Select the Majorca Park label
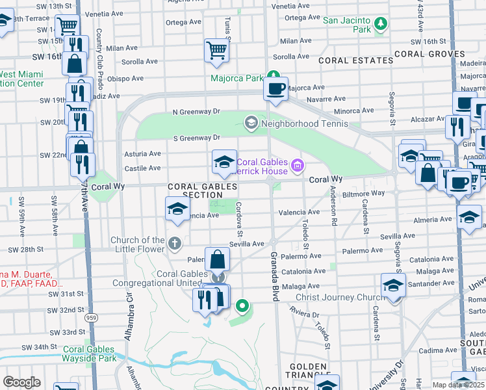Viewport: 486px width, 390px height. (237, 79)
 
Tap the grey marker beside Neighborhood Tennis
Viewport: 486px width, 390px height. (251, 122)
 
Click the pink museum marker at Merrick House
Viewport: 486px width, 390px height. (298, 166)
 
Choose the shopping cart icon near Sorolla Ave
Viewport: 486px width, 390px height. (216, 49)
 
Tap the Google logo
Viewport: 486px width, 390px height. (21, 382)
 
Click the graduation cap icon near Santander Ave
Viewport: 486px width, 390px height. (393, 285)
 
